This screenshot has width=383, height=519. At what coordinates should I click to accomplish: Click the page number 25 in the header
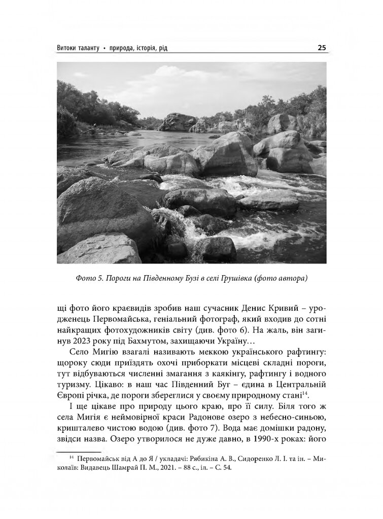click(322, 48)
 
